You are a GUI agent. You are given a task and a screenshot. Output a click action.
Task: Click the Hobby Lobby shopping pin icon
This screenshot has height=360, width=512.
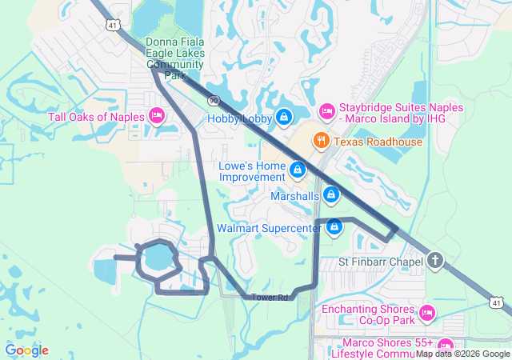(x=284, y=118)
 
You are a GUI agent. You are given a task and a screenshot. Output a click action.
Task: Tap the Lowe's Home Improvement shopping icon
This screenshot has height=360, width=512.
(x=298, y=170)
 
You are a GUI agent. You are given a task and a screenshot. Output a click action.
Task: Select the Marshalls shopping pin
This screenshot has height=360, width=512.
(x=331, y=194)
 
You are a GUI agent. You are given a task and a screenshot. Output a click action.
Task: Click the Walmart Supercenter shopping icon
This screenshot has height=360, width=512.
(x=335, y=228)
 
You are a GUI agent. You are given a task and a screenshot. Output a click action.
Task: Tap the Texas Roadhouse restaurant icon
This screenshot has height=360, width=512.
(x=322, y=141)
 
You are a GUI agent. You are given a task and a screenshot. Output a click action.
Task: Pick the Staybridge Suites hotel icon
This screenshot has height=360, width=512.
(x=326, y=110)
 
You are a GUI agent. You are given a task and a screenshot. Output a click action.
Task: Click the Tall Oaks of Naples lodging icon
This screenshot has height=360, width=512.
(x=158, y=117)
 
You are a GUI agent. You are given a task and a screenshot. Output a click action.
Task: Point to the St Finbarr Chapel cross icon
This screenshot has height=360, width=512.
(x=434, y=261)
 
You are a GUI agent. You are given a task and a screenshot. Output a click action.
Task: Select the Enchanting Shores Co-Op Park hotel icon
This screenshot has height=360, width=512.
(x=426, y=312)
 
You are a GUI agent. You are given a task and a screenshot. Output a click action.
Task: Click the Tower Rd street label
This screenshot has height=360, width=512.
(x=270, y=298)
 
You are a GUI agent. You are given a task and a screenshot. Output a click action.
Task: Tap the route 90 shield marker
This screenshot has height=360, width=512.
(x=214, y=100)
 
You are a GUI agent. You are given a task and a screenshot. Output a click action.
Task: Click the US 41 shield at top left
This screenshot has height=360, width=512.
(x=111, y=26)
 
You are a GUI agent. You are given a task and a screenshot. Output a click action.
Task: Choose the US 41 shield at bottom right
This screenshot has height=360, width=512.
(x=497, y=302)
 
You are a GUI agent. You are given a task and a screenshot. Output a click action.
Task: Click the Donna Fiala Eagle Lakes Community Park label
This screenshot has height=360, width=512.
(x=175, y=58)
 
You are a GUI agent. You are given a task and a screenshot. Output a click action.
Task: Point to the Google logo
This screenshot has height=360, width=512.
(x=27, y=350)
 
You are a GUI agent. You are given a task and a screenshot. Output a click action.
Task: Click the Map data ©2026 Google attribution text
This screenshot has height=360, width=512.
(x=462, y=354)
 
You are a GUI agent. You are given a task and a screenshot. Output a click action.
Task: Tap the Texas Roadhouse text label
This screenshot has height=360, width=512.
(x=378, y=142)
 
